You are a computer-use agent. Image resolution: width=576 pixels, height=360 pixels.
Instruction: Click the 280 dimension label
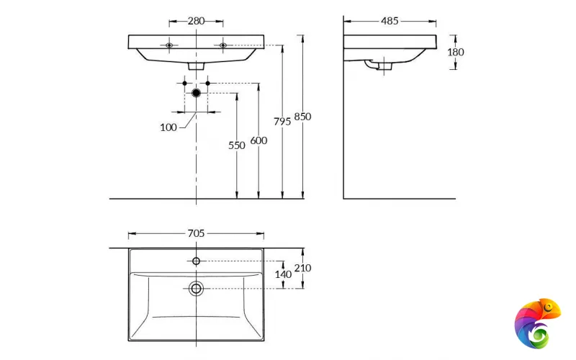(196, 21)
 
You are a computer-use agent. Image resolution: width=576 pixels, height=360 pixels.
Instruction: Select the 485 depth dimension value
(390, 21)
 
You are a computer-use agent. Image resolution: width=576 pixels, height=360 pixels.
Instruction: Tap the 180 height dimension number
(456, 52)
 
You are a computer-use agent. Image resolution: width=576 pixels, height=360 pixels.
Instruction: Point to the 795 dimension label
(282, 122)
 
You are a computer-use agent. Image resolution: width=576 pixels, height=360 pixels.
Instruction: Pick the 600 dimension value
(258, 140)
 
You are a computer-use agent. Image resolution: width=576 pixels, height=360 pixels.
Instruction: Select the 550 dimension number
(237, 145)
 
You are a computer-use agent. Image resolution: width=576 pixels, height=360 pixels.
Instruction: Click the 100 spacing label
(168, 127)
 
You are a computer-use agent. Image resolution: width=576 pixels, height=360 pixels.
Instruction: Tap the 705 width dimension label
(196, 233)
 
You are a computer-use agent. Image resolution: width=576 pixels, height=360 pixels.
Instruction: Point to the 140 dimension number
(283, 274)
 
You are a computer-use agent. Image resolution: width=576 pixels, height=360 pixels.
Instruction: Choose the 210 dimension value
(303, 268)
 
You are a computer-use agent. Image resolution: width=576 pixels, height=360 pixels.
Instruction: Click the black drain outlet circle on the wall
(196, 93)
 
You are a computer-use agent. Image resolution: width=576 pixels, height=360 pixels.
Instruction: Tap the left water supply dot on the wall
(184, 84)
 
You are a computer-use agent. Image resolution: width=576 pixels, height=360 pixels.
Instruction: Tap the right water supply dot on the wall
(208, 84)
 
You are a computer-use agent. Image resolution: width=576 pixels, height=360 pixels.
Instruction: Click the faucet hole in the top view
(196, 261)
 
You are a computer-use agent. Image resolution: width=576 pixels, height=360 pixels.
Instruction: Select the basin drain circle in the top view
(196, 289)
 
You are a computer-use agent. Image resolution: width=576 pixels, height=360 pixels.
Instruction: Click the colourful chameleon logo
(537, 323)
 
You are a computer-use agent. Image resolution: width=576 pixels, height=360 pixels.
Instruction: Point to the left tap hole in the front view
(170, 45)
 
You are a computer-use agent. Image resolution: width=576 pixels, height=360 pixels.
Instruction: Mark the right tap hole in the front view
(222, 45)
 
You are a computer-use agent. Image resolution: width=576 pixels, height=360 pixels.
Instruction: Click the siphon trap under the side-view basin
(379, 66)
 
